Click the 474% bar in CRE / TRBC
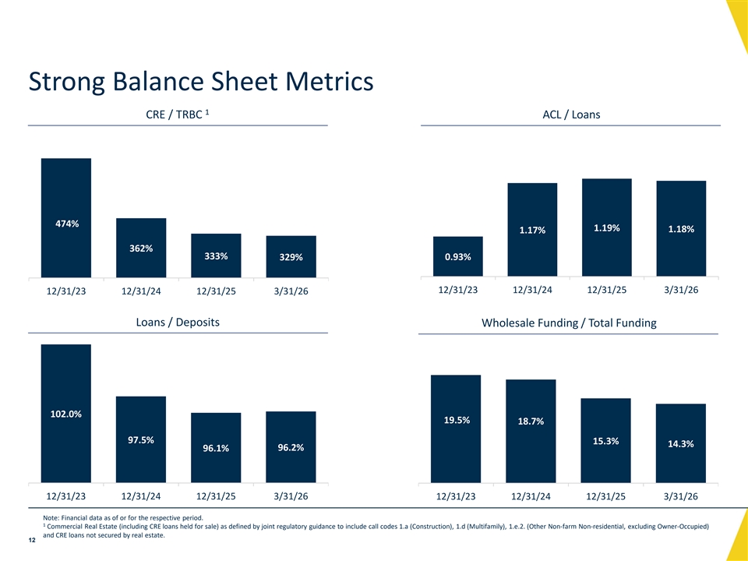click(x=66, y=218)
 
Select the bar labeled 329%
click(x=291, y=256)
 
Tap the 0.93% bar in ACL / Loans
click(x=458, y=256)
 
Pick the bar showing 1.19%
click(x=607, y=228)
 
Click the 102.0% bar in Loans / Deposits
click(x=66, y=414)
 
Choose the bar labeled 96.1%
click(x=216, y=448)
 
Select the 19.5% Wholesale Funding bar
click(x=456, y=429)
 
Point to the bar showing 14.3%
click(x=681, y=443)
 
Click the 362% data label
click(x=141, y=249)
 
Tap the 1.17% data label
click(x=532, y=230)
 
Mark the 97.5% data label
click(x=141, y=439)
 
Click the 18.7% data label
click(x=531, y=422)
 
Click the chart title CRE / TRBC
click(x=178, y=115)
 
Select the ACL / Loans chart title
click(x=571, y=115)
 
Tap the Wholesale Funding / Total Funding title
click(x=569, y=323)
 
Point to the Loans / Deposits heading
click(x=178, y=322)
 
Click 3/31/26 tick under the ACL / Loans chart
click(x=681, y=290)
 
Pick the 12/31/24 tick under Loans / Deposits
click(x=141, y=496)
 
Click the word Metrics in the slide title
click(x=330, y=81)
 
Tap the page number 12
click(x=32, y=541)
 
